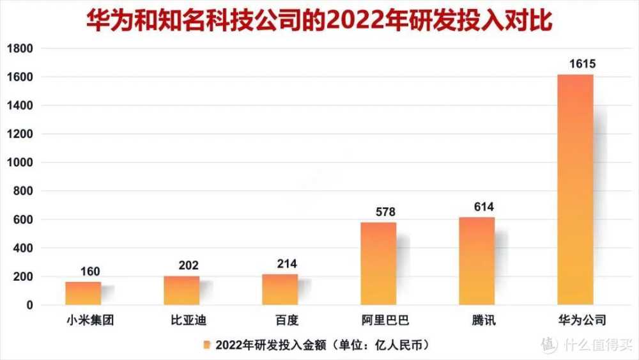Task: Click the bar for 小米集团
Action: coord(83,293)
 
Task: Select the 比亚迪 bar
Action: coord(181,290)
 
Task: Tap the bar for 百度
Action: coord(280,290)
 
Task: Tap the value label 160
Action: coord(90,272)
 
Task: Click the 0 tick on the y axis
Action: coord(29,306)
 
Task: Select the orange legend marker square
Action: coord(206,345)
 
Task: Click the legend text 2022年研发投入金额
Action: coord(268,345)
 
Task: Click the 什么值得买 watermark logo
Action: coord(549,345)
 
